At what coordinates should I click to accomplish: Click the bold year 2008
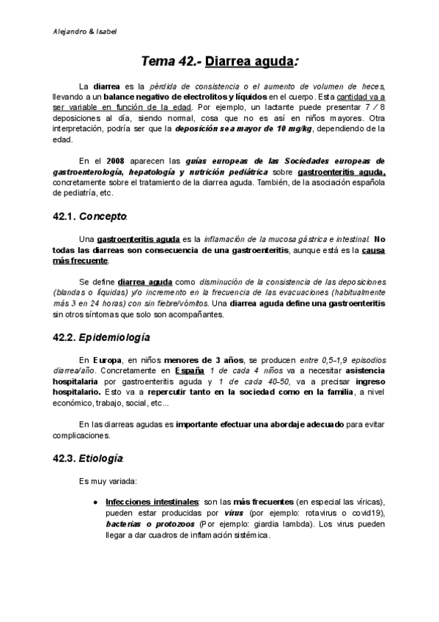point(116,160)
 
